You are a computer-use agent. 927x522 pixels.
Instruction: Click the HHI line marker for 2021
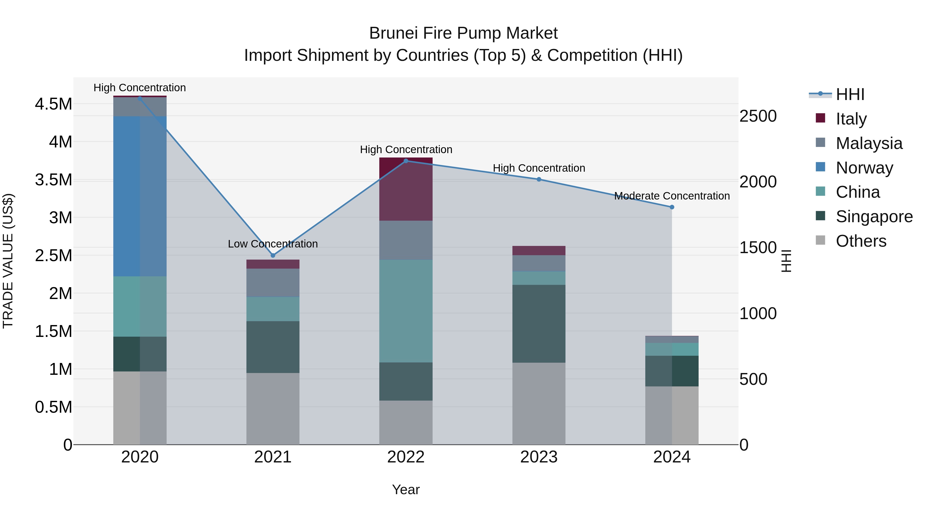[273, 255]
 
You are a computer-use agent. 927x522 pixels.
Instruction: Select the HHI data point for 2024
[672, 207]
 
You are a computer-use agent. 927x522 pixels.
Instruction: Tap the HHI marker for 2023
[539, 179]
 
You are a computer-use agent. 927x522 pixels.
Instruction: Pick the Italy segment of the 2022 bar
[406, 189]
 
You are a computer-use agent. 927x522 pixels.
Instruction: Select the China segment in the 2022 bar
[406, 311]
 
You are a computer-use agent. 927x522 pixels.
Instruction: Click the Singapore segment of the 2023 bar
[539, 324]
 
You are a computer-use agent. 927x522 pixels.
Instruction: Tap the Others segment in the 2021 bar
[273, 409]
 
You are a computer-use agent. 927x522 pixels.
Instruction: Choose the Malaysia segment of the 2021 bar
[273, 283]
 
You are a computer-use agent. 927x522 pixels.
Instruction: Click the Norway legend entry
[864, 168]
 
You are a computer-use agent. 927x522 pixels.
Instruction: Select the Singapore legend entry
[874, 217]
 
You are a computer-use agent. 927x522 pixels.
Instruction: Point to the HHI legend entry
[850, 94]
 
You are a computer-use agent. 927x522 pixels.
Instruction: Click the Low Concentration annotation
[273, 244]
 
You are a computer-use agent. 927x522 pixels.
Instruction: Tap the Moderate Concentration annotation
[672, 196]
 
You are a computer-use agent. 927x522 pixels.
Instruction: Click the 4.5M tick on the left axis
[53, 104]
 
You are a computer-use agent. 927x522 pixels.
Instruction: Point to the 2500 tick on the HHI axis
[758, 116]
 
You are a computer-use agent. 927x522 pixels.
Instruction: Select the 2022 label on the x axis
[406, 457]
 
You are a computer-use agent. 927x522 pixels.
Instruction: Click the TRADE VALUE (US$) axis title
[8, 261]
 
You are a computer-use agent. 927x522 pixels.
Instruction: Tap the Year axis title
[406, 490]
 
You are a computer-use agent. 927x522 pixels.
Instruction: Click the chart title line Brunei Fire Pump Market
[463, 33]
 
